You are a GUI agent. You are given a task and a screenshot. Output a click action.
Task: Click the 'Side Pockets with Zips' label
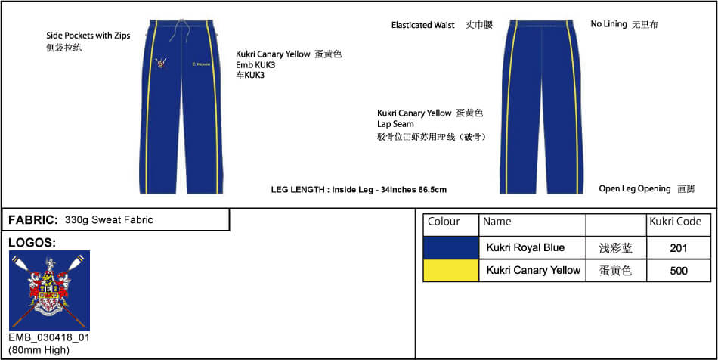(x=88, y=36)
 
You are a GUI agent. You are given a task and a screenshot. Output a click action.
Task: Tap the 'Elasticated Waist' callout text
(x=422, y=25)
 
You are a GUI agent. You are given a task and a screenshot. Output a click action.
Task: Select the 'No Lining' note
(x=608, y=24)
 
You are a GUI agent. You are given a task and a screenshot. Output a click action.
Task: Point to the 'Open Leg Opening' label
(x=634, y=188)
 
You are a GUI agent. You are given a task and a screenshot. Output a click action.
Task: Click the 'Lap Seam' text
(x=395, y=124)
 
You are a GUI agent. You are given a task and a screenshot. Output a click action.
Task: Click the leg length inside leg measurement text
(x=359, y=189)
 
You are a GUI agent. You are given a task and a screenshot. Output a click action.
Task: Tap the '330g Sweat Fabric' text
(x=109, y=220)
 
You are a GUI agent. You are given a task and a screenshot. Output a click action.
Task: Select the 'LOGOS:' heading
(x=32, y=243)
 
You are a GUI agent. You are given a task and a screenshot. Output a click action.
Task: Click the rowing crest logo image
(x=49, y=290)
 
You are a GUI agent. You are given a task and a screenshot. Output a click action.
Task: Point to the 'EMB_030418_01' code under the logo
(x=49, y=337)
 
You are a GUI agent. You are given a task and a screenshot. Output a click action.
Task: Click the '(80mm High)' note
(x=39, y=349)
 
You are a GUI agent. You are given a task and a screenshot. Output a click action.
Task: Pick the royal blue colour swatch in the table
(x=450, y=247)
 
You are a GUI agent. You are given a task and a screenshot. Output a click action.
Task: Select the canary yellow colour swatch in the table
(x=450, y=270)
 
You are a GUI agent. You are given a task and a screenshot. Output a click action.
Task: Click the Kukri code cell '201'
(x=678, y=248)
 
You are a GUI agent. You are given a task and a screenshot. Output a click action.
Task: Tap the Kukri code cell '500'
(x=678, y=271)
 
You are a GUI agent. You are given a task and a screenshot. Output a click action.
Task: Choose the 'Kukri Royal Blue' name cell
(x=525, y=248)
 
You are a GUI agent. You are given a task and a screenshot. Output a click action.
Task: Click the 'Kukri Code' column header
(x=675, y=222)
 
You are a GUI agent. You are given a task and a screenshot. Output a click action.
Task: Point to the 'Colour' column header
(x=444, y=222)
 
